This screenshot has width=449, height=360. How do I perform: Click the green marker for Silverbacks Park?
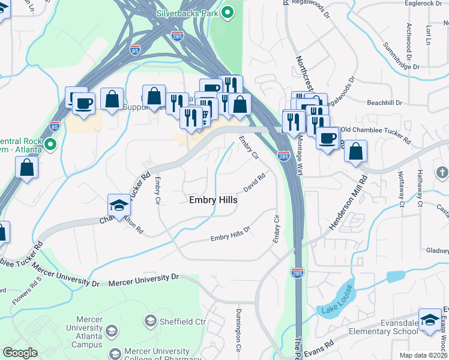228,13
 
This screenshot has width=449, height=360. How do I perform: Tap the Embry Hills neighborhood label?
212,200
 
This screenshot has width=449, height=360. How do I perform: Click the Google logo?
20,353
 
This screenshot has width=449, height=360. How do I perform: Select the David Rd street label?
254,181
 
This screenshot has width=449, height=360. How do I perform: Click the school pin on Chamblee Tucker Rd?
119,206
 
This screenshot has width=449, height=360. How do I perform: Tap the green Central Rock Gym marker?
50,145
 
